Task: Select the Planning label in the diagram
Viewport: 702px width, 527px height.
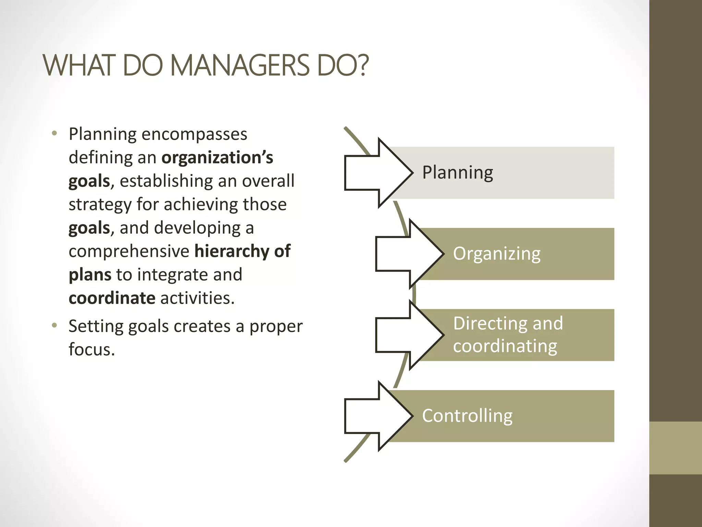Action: [x=458, y=173]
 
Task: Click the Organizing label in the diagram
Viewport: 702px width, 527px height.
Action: [x=497, y=254]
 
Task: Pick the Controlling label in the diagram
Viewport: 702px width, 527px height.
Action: [x=467, y=416]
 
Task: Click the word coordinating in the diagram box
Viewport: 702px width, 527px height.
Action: [x=505, y=346]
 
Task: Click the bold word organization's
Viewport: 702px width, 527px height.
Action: [x=217, y=158]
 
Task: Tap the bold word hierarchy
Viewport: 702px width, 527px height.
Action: [x=232, y=251]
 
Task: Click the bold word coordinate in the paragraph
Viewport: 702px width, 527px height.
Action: [x=112, y=298]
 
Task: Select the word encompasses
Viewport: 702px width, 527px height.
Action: [x=194, y=134]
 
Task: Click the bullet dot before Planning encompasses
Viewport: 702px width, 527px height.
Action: [x=54, y=133]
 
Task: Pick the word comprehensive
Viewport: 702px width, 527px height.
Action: [x=129, y=251]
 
